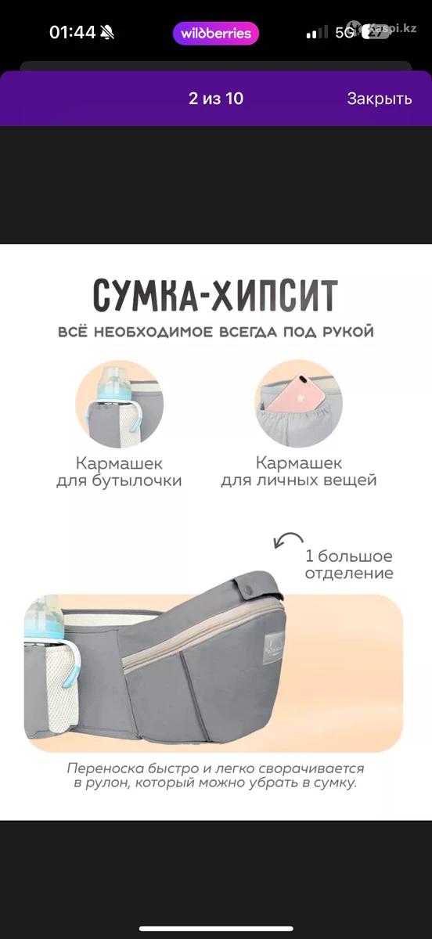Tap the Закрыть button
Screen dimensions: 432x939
[x=379, y=99]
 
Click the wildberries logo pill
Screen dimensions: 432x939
[x=216, y=33]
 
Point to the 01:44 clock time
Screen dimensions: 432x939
[x=72, y=33]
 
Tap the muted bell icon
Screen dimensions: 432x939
[x=107, y=33]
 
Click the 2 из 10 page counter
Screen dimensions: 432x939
[x=216, y=99]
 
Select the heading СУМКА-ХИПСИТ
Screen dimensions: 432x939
[x=215, y=295]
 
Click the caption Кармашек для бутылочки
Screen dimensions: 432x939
[x=119, y=472]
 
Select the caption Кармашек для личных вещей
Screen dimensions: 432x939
[x=299, y=472]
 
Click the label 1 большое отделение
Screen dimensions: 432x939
[x=349, y=564]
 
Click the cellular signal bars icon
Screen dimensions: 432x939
[x=317, y=32]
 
